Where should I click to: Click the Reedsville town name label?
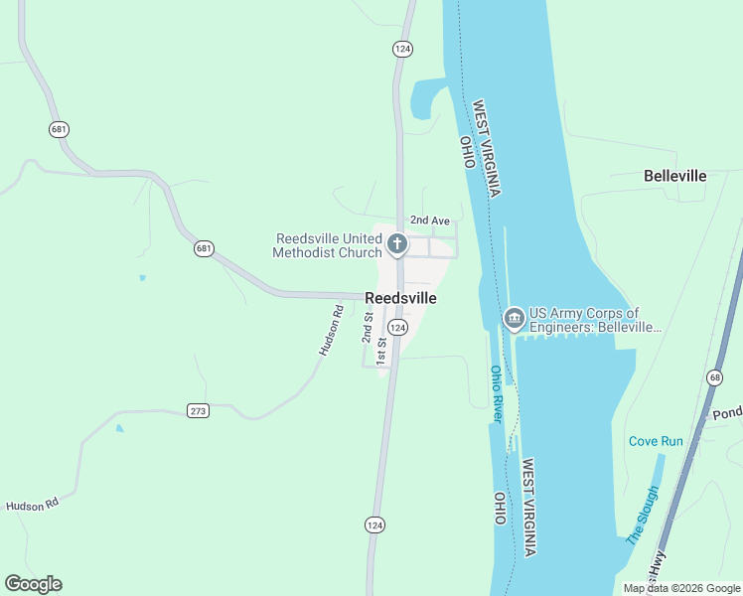400,297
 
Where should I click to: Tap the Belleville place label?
674,176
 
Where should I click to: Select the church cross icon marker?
396,244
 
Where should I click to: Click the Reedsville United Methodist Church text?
328,245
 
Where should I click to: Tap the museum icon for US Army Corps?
514,318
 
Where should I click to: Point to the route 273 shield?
198,410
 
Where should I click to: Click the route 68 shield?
715,377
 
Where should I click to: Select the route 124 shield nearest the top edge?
401,48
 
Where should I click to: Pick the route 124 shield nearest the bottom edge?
374,524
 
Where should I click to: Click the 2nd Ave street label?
430,221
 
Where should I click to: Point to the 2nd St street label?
367,326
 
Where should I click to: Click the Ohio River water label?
497,394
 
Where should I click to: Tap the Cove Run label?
656,440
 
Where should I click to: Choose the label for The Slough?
642,516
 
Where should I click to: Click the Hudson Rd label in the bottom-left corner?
32,506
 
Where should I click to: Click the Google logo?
33,584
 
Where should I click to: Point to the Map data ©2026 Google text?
681,588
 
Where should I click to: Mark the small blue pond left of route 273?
119,429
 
